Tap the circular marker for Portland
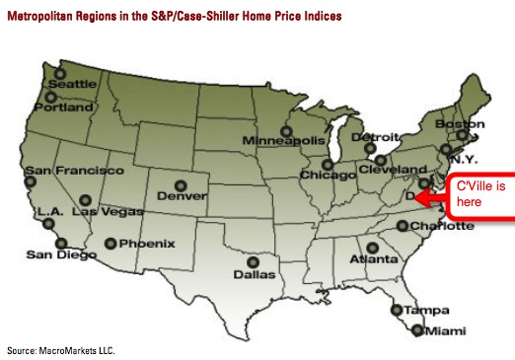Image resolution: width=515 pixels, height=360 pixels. (x=50, y=97)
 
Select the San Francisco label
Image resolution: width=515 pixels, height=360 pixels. (x=67, y=171)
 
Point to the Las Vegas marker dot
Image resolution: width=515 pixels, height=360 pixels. (x=85, y=199)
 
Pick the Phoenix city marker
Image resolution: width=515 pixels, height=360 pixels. (x=110, y=243)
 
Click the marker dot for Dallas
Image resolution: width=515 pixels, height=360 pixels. (x=254, y=262)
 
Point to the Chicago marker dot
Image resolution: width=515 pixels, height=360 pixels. (x=327, y=164)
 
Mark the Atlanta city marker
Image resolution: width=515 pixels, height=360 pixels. (x=372, y=248)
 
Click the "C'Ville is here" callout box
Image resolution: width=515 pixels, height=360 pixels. (x=474, y=195)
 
